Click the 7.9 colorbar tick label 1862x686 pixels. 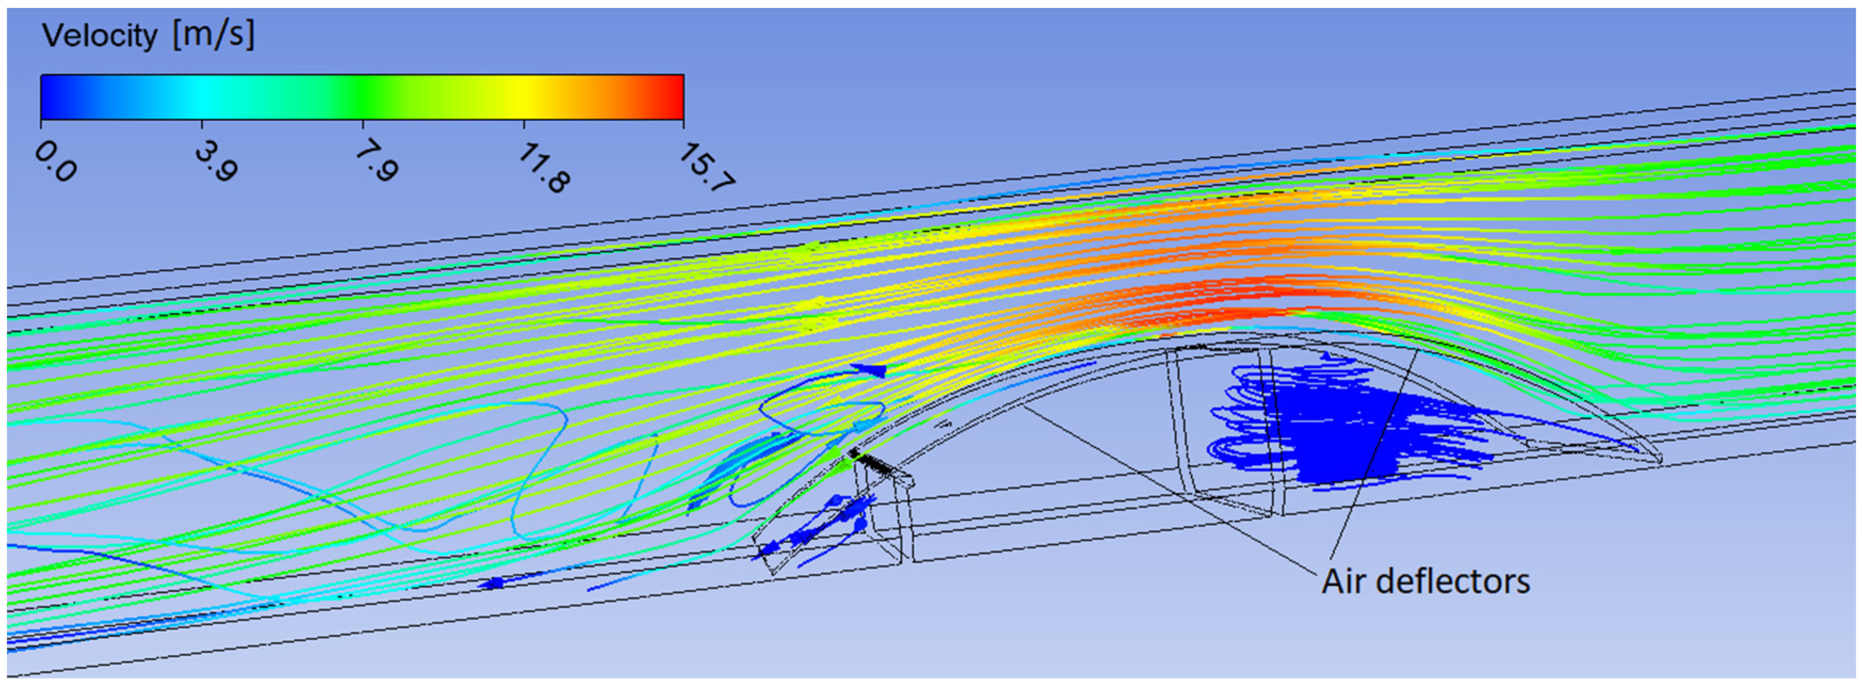click(x=377, y=161)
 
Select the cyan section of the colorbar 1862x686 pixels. click(x=202, y=97)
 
